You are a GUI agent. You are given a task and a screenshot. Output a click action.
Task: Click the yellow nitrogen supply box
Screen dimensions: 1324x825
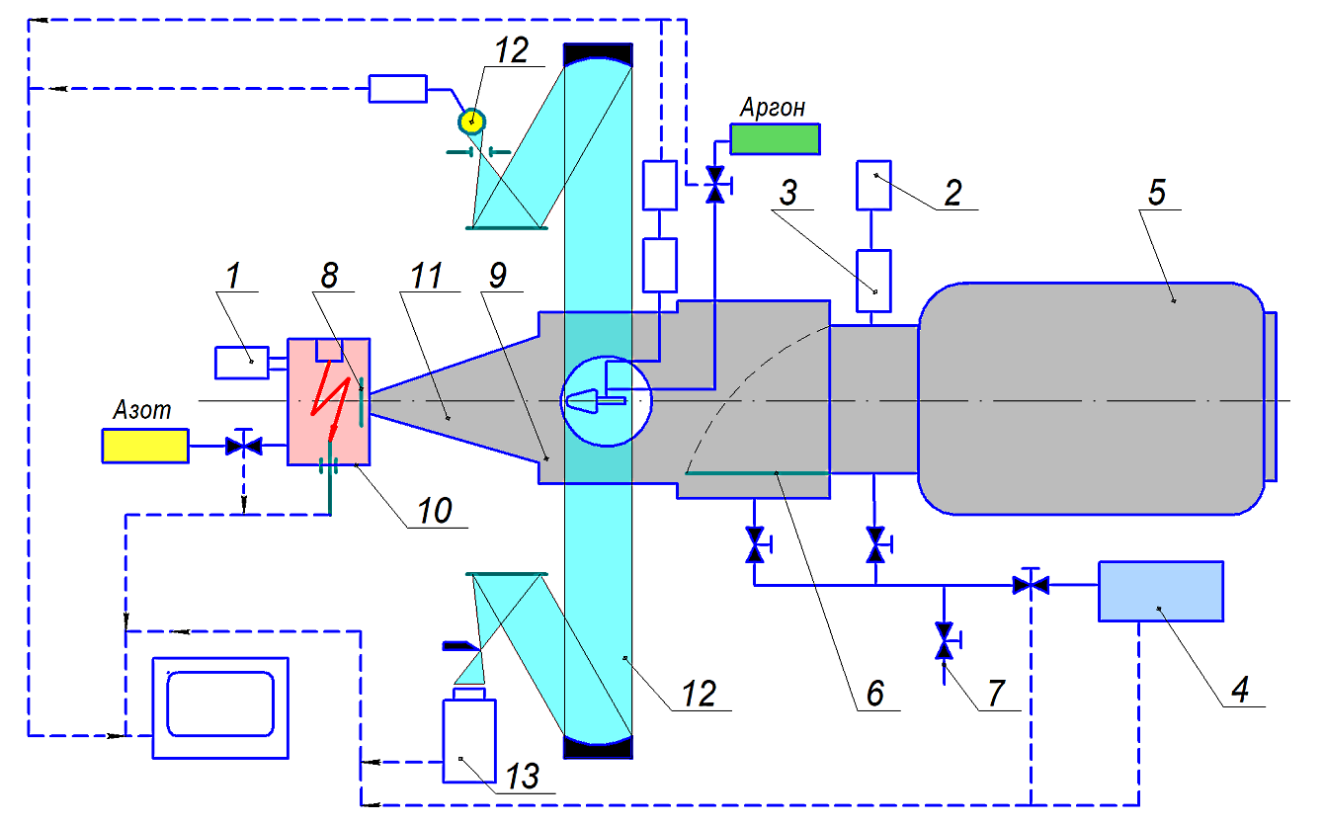point(145,446)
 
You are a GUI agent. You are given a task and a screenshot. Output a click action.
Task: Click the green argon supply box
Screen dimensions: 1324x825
point(775,139)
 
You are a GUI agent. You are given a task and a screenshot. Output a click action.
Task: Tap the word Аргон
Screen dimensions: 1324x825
point(773,108)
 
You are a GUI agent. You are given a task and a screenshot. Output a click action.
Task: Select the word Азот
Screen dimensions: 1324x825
point(142,410)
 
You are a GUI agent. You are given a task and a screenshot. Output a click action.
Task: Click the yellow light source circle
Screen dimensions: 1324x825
point(471,122)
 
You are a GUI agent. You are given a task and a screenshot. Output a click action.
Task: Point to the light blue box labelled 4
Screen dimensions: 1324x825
point(1161,591)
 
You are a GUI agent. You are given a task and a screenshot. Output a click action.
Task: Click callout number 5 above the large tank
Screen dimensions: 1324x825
point(1157,192)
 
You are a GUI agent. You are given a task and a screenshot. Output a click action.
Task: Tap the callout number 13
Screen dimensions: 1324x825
point(523,776)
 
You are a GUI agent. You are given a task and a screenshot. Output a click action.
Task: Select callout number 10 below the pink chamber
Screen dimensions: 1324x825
point(435,510)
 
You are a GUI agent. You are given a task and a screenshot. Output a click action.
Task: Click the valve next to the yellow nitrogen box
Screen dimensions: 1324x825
point(243,446)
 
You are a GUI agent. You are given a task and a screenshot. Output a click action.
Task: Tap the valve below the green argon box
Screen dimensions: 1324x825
point(715,185)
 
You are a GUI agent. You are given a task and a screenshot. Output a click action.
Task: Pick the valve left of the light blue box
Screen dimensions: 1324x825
point(1031,585)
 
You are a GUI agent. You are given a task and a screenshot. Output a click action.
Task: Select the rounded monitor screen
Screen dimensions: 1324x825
point(220,703)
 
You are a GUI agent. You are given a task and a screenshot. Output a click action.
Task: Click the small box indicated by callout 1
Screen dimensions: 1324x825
point(242,363)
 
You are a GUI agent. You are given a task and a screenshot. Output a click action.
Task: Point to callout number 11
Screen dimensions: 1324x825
point(426,276)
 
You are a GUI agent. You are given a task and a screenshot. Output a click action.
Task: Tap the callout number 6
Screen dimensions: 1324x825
point(875,693)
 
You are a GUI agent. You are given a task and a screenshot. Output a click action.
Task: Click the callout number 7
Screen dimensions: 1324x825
point(996,693)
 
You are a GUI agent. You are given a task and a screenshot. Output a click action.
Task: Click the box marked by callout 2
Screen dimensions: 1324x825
point(873,185)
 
